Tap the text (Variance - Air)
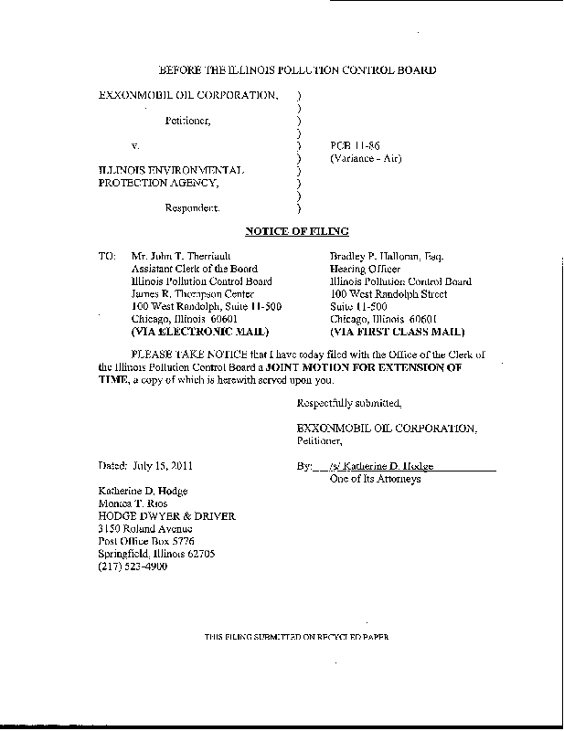(366, 159)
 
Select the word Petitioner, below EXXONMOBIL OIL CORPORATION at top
(188, 120)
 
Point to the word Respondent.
(192, 207)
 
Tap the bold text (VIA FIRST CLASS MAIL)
(397, 332)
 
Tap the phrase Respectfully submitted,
(349, 403)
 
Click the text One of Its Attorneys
(374, 479)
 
